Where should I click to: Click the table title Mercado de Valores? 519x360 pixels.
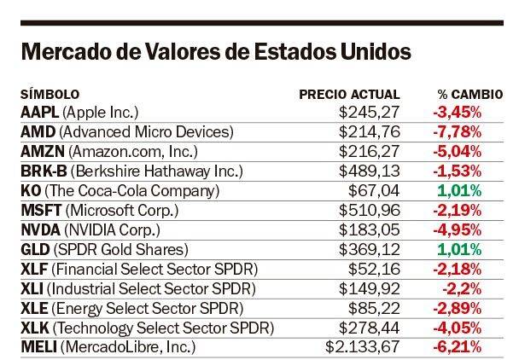pos(215,51)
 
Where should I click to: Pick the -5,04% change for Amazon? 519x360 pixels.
pos(458,150)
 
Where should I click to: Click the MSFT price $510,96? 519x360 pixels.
pos(368,209)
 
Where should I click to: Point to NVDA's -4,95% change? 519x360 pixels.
pos(458,229)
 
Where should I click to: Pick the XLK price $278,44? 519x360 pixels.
pos(368,327)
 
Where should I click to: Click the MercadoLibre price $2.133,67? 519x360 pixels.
pos(361,346)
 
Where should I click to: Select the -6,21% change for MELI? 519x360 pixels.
pos(458,346)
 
